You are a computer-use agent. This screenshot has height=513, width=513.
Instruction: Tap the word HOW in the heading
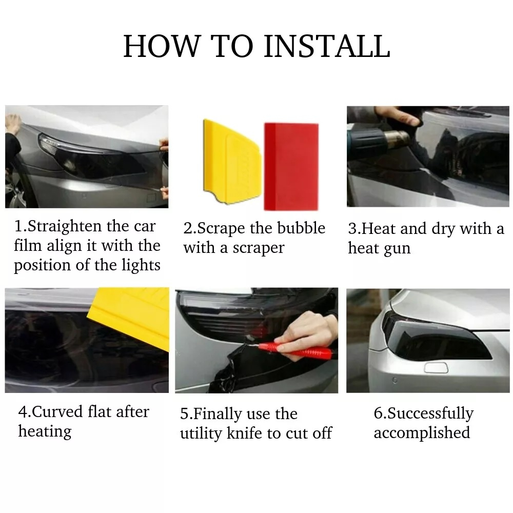pyautogui.click(x=162, y=46)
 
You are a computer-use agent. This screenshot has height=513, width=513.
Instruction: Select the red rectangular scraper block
pyautogui.click(x=291, y=167)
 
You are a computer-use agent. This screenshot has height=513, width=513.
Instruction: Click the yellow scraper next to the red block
pyautogui.click(x=232, y=161)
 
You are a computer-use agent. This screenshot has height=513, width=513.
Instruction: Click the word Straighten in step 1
pyautogui.click(x=65, y=227)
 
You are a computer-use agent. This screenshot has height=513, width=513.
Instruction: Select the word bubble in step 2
pyautogui.click(x=301, y=228)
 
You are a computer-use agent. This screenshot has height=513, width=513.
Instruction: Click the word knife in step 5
pyautogui.click(x=244, y=433)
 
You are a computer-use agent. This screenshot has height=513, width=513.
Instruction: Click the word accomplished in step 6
pyautogui.click(x=422, y=433)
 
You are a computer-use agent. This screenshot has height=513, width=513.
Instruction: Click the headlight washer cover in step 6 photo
pyautogui.click(x=436, y=367)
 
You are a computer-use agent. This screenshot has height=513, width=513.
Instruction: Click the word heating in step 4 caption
pyautogui.click(x=45, y=431)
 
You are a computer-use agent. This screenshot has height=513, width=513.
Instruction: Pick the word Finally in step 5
pyautogui.click(x=217, y=414)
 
